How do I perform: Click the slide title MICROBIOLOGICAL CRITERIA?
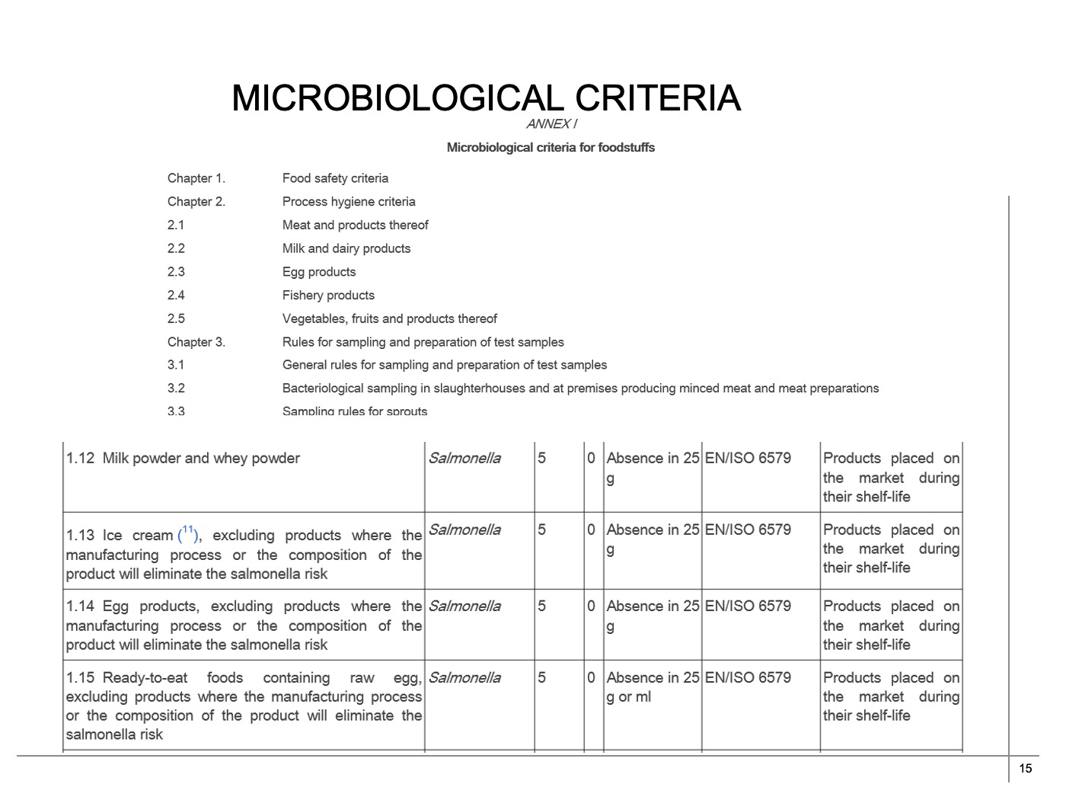click(486, 98)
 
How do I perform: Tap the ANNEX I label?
click(551, 124)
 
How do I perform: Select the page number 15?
click(1025, 768)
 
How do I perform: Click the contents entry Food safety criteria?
click(335, 178)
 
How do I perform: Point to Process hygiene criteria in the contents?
click(349, 202)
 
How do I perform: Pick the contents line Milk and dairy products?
click(346, 248)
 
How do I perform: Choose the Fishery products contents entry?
click(328, 295)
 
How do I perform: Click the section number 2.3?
click(176, 272)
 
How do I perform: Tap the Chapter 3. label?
click(196, 342)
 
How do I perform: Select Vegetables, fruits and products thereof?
click(389, 318)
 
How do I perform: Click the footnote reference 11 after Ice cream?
click(188, 530)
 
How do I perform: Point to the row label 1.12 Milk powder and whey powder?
click(183, 458)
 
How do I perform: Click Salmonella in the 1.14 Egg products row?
click(464, 606)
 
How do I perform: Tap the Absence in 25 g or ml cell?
click(652, 686)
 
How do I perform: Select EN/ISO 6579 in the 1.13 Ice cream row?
click(748, 530)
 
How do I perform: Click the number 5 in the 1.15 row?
click(541, 677)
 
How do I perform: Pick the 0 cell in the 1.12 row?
click(591, 458)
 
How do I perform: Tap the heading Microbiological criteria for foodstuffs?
click(551, 147)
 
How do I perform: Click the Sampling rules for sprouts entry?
click(355, 411)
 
